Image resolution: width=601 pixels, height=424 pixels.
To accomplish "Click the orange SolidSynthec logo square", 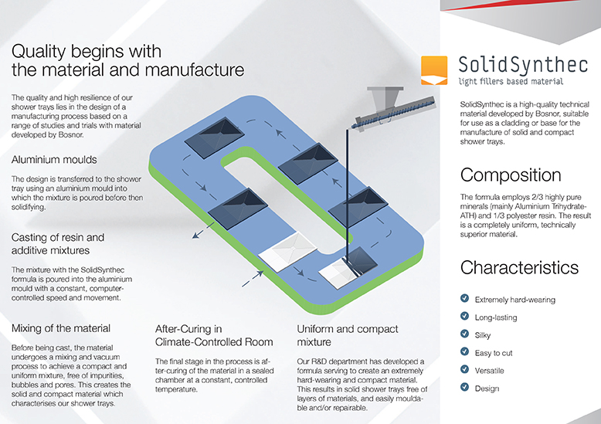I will tap(434, 70).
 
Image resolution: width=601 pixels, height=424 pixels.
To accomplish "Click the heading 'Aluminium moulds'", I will tap(54, 160).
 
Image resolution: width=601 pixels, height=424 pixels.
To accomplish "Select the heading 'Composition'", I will tap(511, 175).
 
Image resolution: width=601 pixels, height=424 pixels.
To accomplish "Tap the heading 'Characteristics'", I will tap(519, 267).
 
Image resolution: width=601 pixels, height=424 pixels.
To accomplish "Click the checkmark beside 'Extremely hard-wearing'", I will tap(464, 298).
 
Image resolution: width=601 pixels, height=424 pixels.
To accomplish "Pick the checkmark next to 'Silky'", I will tap(464, 334).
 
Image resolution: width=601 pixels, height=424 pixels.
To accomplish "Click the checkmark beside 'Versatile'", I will tap(464, 369).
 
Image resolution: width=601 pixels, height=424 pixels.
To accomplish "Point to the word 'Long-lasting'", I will tap(496, 317).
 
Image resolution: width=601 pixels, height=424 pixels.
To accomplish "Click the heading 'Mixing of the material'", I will tap(62, 328).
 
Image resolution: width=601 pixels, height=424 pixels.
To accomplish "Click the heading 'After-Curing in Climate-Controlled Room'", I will tap(213, 334).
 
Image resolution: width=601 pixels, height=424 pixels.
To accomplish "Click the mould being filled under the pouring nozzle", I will tap(341, 270).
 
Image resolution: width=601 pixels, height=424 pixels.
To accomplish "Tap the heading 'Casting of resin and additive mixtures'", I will tap(58, 243).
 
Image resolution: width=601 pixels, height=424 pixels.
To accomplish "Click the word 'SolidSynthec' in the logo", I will tap(510, 62).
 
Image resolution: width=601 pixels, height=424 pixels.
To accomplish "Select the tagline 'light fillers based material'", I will tap(511, 80).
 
